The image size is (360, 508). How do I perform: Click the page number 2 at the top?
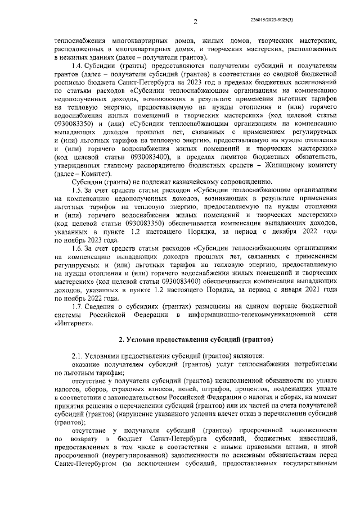pos(195,22)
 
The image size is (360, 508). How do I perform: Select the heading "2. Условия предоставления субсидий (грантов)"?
pos(196,341)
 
